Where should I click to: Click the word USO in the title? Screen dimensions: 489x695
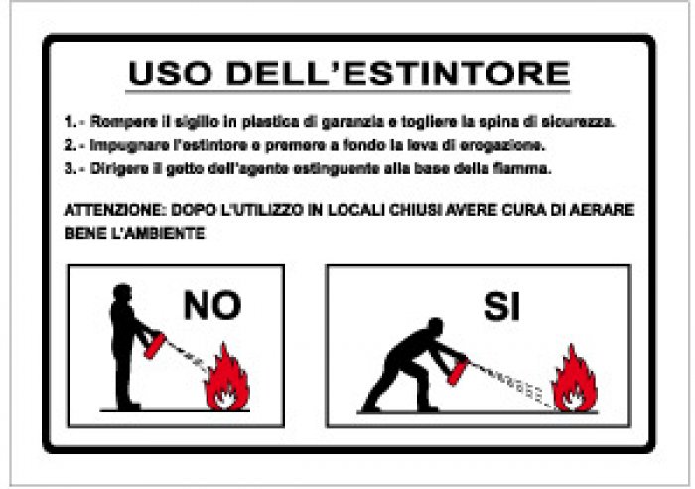(x=172, y=74)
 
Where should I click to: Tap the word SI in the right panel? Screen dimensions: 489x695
(x=501, y=307)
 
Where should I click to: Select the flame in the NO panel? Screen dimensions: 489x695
(x=227, y=381)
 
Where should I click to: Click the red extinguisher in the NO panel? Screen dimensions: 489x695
(x=155, y=344)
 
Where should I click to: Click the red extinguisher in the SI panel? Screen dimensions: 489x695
(x=459, y=370)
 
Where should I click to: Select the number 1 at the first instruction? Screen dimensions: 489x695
(x=69, y=123)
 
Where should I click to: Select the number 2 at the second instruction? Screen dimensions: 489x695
(x=69, y=146)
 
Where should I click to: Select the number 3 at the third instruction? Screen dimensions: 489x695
(x=69, y=168)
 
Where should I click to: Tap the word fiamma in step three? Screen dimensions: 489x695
(x=527, y=168)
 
